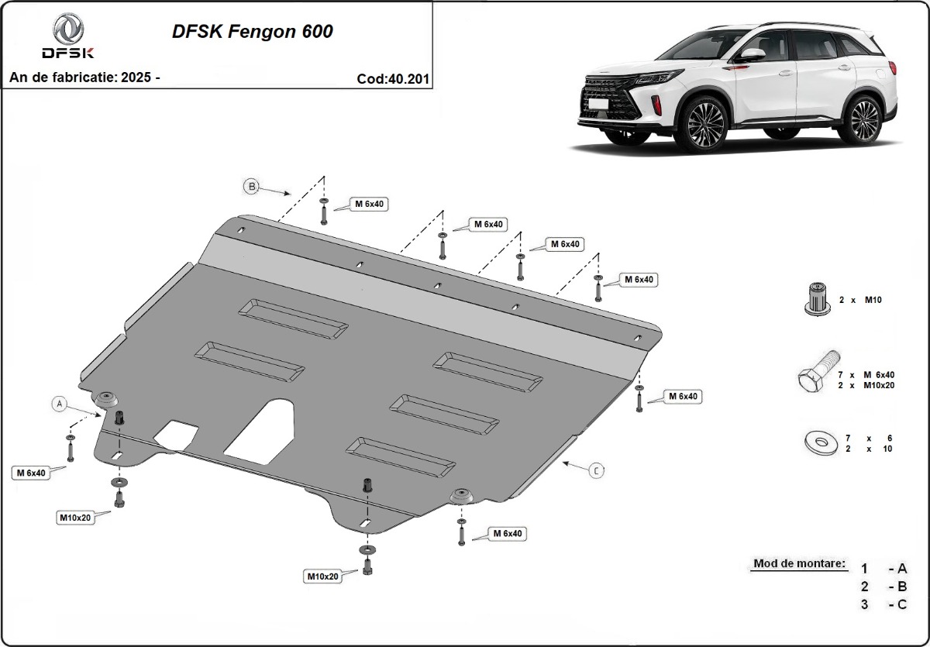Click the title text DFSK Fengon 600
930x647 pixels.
pos(252,32)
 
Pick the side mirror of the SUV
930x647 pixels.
pos(751,56)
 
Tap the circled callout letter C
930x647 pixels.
pos(596,470)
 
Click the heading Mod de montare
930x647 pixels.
pos(798,563)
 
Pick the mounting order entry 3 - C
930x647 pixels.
pos(883,604)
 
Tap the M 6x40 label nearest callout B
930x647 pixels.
pos(370,205)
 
